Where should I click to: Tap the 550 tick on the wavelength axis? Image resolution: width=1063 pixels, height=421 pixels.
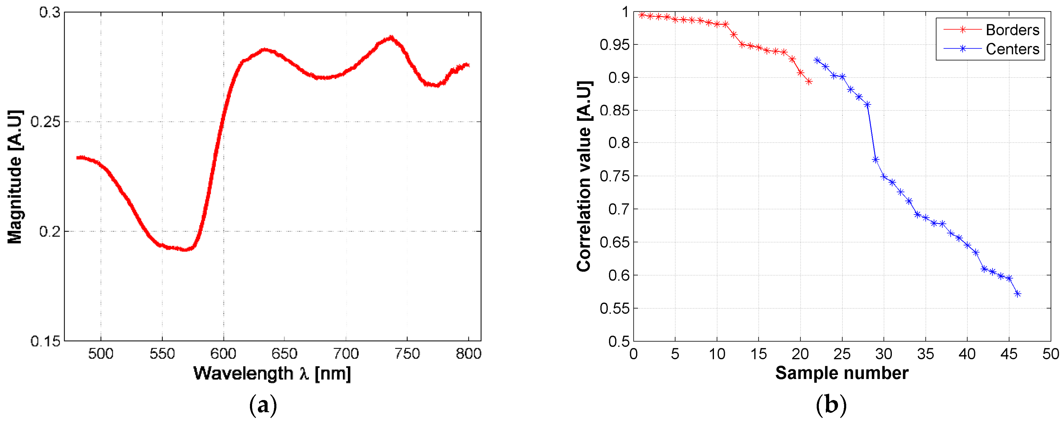pos(162,354)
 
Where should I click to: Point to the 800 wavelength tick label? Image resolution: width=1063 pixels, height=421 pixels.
pos(468,354)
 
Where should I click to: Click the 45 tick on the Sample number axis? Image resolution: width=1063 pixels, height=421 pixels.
pos(1009,354)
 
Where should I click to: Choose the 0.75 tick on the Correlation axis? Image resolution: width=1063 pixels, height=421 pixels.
pos(615,176)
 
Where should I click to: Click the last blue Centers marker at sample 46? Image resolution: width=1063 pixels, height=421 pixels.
pos(1018,294)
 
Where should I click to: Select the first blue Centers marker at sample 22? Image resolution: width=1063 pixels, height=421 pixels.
pos(817,60)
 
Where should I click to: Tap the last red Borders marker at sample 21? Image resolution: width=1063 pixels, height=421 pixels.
pos(809,82)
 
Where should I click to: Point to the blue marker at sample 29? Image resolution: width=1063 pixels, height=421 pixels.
pos(876,160)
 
